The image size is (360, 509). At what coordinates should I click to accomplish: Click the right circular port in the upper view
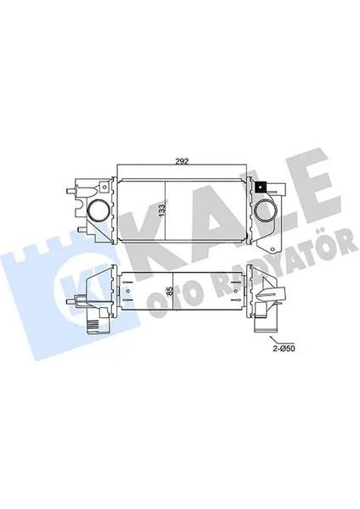(x=263, y=211)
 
